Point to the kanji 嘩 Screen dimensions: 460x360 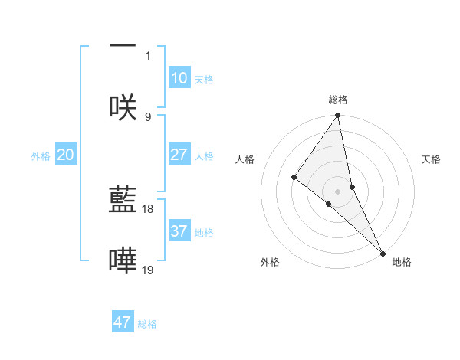pyautogui.click(x=123, y=261)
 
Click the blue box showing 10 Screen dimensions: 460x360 pyautogui.click(x=179, y=78)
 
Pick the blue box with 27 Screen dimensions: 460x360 pyautogui.click(x=179, y=155)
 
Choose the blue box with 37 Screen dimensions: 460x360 pyautogui.click(x=179, y=231)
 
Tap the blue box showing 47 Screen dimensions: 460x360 pyautogui.click(x=123, y=322)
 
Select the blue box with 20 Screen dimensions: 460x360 pyautogui.click(x=66, y=155)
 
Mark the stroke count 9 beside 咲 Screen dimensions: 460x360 pyautogui.click(x=148, y=116)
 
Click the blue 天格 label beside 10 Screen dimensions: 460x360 pyautogui.click(x=204, y=80)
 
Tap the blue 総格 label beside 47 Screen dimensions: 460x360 pyautogui.click(x=147, y=324)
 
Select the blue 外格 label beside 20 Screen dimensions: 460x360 pyautogui.click(x=41, y=156)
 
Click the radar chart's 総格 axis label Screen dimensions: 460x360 pyautogui.click(x=338, y=100)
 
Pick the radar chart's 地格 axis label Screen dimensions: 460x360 pyautogui.click(x=402, y=262)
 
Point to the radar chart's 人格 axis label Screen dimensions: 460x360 pyautogui.click(x=245, y=159)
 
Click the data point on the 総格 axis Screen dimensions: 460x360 pyautogui.click(x=338, y=116)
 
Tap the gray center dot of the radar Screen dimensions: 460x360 pyautogui.click(x=338, y=191)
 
